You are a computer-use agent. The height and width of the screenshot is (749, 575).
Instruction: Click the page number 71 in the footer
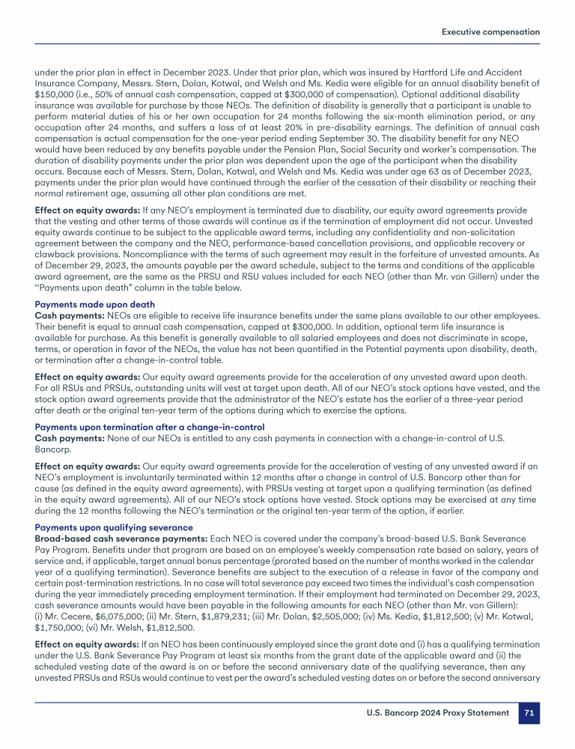[x=528, y=713]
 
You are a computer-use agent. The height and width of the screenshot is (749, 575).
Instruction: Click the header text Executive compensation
[x=490, y=32]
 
